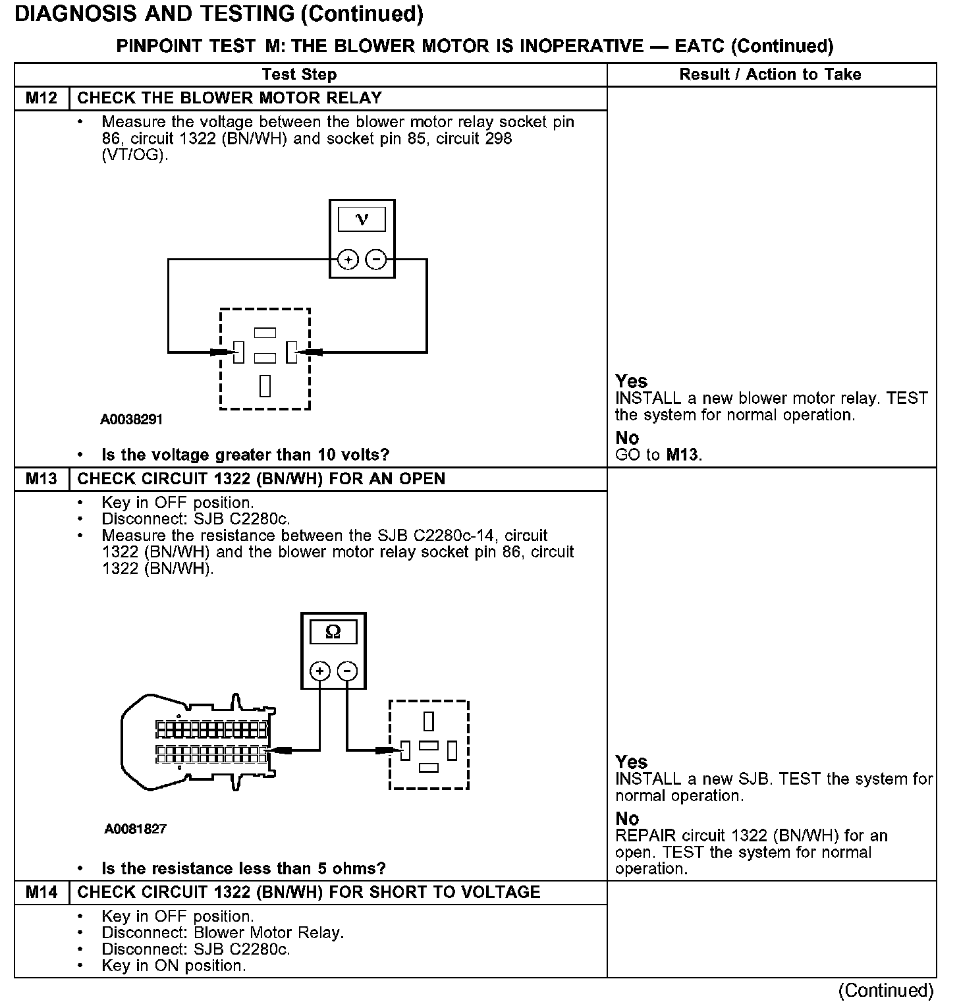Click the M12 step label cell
click(x=41, y=98)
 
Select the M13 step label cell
click(x=41, y=479)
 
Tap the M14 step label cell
click(x=41, y=893)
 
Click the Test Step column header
click(x=299, y=74)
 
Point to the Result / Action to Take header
click(x=770, y=74)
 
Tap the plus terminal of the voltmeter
click(x=348, y=260)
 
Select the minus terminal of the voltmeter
click(x=375, y=260)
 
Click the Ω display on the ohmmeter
click(x=333, y=632)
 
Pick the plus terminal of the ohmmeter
click(x=320, y=671)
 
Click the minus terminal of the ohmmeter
click(x=347, y=671)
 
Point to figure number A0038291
click(x=132, y=420)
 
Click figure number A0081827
click(x=136, y=829)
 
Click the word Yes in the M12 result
click(x=631, y=381)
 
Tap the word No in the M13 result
click(x=627, y=819)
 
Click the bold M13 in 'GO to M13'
click(x=682, y=455)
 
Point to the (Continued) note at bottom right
click(x=885, y=991)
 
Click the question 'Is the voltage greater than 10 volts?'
click(x=245, y=455)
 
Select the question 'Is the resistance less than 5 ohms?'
click(x=243, y=868)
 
